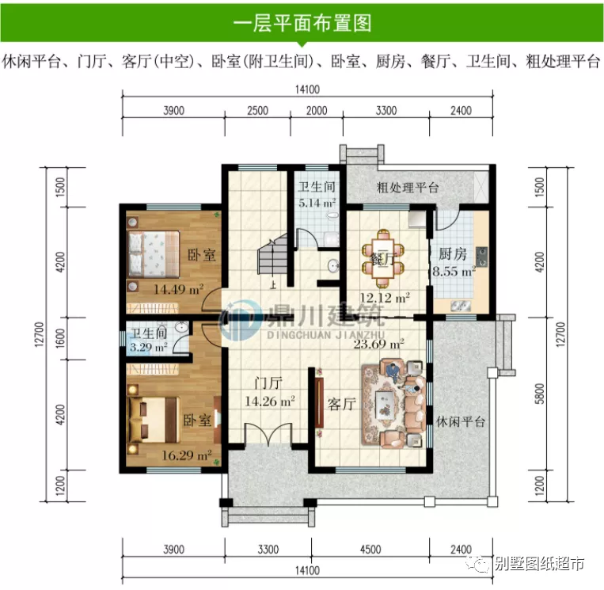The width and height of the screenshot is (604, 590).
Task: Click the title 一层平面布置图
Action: click(x=302, y=23)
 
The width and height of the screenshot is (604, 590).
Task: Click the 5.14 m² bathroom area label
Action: click(x=316, y=203)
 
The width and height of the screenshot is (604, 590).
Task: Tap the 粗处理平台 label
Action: click(x=408, y=188)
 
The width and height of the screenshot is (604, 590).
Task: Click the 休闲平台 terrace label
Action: click(x=460, y=421)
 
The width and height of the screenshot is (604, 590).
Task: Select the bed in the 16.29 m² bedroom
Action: click(x=154, y=415)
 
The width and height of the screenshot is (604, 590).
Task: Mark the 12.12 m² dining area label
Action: click(x=385, y=299)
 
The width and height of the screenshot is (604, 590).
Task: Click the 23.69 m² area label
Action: click(x=379, y=344)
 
